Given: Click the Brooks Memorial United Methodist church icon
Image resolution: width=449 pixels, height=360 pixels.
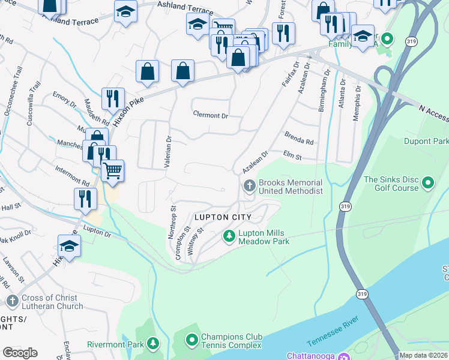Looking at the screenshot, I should tap(249, 187).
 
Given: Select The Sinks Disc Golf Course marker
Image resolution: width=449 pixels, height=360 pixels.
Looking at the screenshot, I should tap(428, 182).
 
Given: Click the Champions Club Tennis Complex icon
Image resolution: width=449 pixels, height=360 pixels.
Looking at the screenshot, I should tap(192, 341).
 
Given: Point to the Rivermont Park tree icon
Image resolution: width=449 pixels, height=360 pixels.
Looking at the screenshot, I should tap(154, 344).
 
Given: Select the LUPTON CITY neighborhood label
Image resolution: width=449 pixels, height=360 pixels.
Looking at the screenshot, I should tap(222, 216).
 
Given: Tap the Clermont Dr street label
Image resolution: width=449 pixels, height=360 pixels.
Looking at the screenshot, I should tap(211, 114).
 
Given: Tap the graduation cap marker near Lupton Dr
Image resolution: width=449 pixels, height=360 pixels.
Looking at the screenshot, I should tap(70, 245).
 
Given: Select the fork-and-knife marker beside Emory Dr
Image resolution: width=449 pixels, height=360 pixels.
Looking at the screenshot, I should tap(113, 98).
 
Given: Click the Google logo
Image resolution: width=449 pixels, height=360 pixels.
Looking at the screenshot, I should tap(20, 353).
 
